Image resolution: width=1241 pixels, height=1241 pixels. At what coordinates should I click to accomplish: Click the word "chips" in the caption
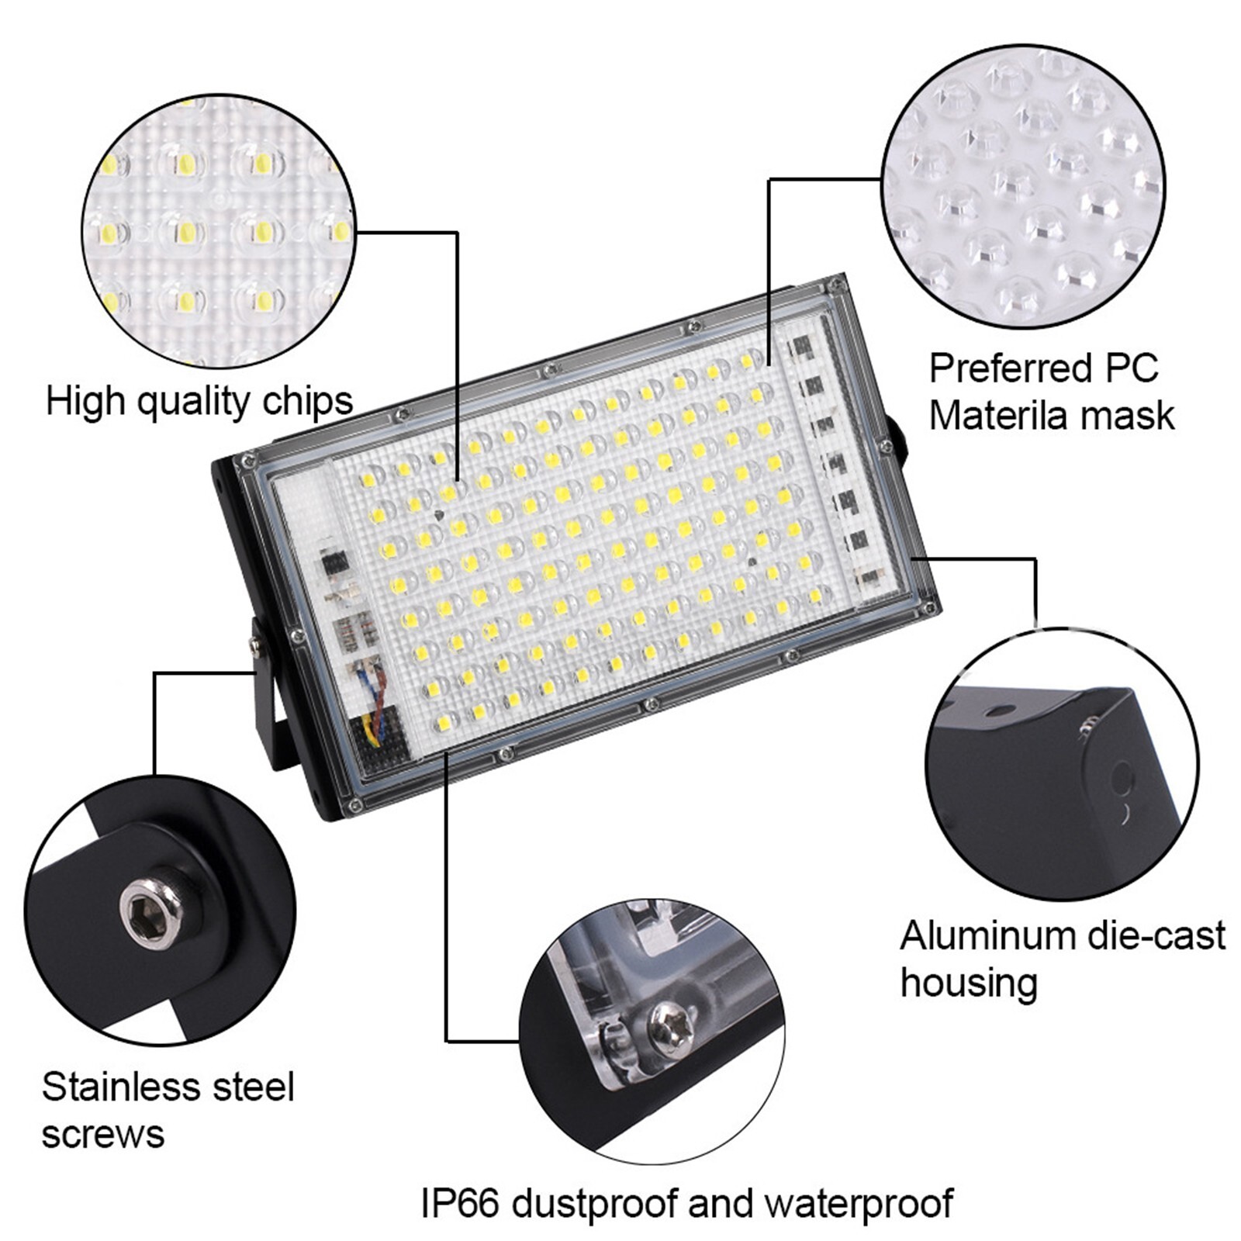click(307, 402)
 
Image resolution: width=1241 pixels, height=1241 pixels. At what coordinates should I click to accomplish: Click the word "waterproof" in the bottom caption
click(859, 1204)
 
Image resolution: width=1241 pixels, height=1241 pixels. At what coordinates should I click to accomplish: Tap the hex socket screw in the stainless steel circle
click(151, 912)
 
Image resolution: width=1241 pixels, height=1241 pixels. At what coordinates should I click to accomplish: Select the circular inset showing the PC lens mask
click(1025, 187)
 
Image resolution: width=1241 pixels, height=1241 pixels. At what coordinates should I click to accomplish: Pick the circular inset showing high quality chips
click(219, 230)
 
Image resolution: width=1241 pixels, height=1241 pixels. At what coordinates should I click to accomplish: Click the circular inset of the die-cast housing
click(1061, 764)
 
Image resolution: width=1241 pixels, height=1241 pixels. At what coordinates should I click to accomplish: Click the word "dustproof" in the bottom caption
click(595, 1204)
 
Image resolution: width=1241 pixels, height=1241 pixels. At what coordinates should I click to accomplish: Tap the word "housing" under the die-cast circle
click(969, 983)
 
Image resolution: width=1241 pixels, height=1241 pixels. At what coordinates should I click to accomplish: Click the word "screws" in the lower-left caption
click(103, 1134)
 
